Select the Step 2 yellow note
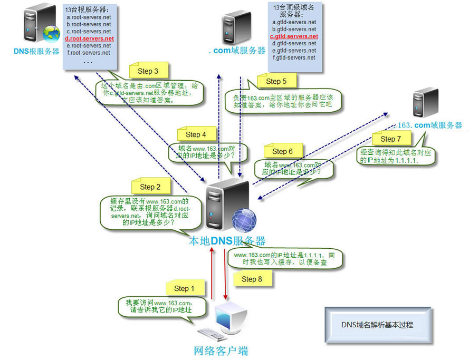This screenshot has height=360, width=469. pyautogui.click(x=151, y=186)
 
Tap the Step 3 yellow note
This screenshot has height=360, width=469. pyautogui.click(x=149, y=71)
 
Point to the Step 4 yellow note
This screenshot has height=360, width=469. pyautogui.click(x=193, y=134)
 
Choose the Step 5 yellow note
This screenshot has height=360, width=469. pyautogui.click(x=276, y=81)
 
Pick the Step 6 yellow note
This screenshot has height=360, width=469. pyautogui.click(x=283, y=151)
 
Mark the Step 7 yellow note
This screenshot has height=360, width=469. pyautogui.click(x=391, y=139)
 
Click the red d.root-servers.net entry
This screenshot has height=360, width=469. pyautogui.click(x=89, y=38)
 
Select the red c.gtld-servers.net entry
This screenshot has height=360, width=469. pyautogui.click(x=294, y=36)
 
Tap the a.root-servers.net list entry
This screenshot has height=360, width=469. pyautogui.click(x=89, y=17)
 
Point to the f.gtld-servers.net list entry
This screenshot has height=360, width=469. pyautogui.click(x=294, y=57)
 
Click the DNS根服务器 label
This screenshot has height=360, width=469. pyautogui.click(x=37, y=52)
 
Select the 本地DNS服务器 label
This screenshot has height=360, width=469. pyautogui.click(x=227, y=241)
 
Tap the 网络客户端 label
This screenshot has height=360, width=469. pyautogui.click(x=221, y=351)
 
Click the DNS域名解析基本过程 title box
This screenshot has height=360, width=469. pyautogui.click(x=377, y=325)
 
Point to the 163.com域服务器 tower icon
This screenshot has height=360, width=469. pyautogui.click(x=427, y=103)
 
